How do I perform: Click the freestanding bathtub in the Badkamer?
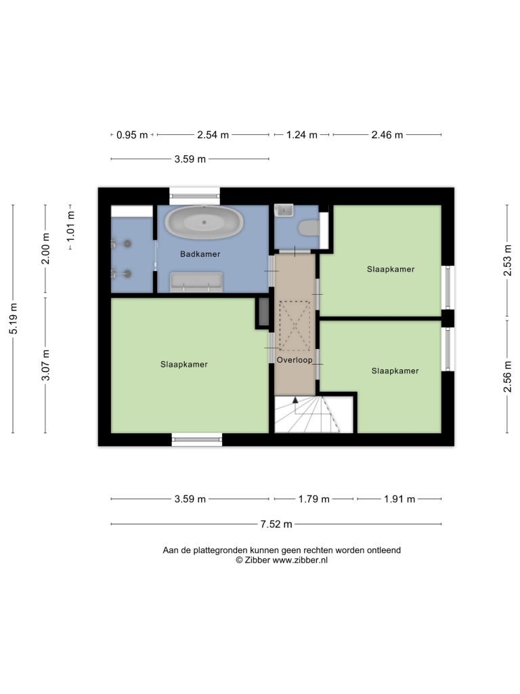click(204, 222)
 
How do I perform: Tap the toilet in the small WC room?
click(309, 228)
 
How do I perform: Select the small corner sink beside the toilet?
click(283, 210)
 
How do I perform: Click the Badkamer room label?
click(200, 254)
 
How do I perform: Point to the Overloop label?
click(295, 360)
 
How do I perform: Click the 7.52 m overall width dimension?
click(276, 524)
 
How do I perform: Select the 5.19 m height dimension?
click(14, 319)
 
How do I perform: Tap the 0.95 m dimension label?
click(132, 135)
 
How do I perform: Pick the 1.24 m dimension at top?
click(301, 135)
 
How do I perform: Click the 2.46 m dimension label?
click(387, 135)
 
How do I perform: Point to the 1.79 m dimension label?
click(314, 499)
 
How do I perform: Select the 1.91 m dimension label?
click(399, 499)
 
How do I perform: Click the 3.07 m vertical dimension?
click(45, 365)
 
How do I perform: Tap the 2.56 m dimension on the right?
click(507, 376)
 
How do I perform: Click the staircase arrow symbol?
click(295, 400)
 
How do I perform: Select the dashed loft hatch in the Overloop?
click(295, 326)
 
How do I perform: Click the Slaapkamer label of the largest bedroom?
click(184, 364)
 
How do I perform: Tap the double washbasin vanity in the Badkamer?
click(197, 283)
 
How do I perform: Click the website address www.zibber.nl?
click(300, 560)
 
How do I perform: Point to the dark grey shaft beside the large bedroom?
click(264, 312)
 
